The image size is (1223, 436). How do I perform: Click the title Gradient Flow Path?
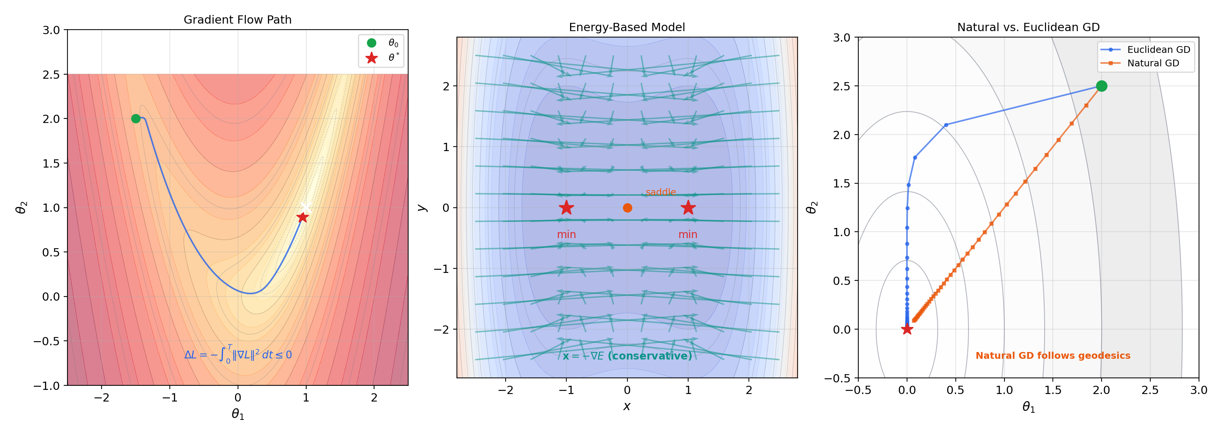click(x=237, y=19)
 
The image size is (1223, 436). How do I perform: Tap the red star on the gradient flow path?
click(x=302, y=217)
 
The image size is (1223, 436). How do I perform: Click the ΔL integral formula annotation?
click(x=238, y=354)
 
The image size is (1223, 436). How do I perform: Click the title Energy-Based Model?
click(x=627, y=27)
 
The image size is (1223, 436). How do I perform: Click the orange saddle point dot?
click(x=627, y=208)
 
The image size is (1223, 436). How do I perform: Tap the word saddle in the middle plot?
click(x=660, y=192)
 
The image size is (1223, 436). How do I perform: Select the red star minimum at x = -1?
click(x=566, y=208)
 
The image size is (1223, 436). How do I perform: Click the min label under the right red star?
click(x=687, y=234)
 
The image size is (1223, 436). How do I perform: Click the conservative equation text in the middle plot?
click(x=627, y=356)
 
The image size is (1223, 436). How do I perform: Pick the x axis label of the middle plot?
click(x=627, y=406)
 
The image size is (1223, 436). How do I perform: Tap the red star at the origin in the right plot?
click(x=907, y=329)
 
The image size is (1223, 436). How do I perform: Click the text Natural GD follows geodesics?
click(x=1052, y=355)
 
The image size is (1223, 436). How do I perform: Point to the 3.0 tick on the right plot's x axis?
click(x=1198, y=390)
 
